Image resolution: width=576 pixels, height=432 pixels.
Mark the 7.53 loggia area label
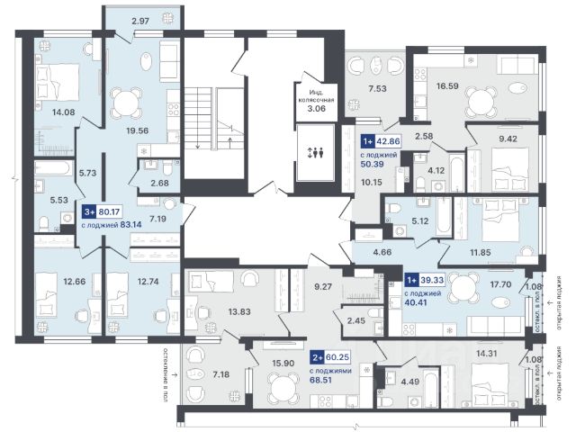pos(377,88)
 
